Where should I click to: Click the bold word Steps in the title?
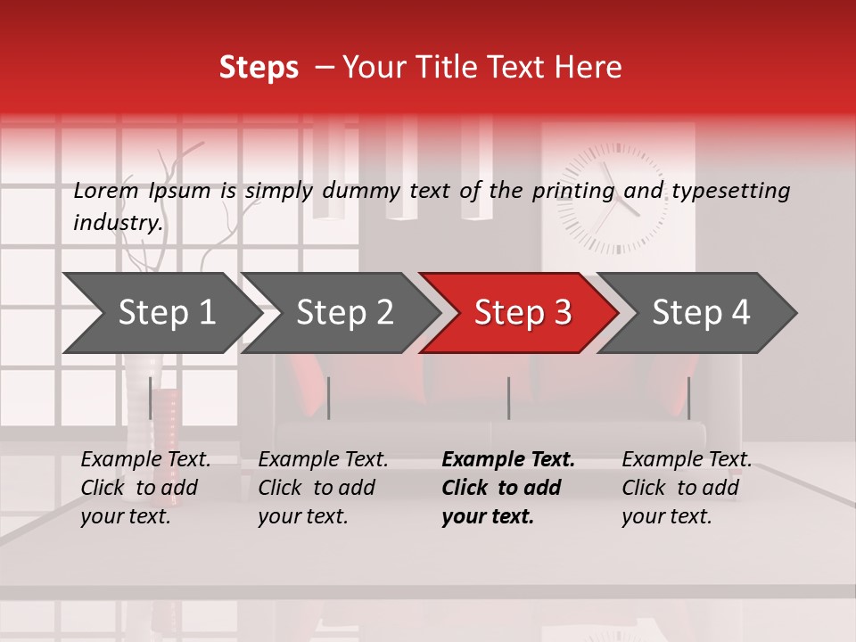pyautogui.click(x=259, y=68)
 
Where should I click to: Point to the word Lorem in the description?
pyautogui.click(x=105, y=190)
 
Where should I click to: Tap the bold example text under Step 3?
pyautogui.click(x=507, y=488)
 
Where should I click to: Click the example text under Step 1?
pyautogui.click(x=145, y=488)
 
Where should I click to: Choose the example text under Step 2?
pyautogui.click(x=323, y=488)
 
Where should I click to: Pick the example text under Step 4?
pyautogui.click(x=687, y=488)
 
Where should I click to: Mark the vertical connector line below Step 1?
pyautogui.click(x=150, y=398)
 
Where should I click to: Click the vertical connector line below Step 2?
pyautogui.click(x=329, y=398)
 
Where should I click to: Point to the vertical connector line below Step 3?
pyautogui.click(x=508, y=398)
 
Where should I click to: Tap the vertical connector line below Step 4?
pyautogui.click(x=688, y=398)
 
